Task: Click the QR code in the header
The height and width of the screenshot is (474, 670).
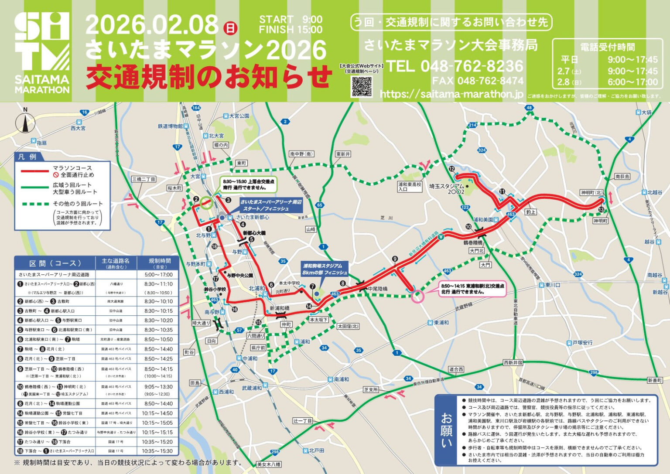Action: pos(362,86)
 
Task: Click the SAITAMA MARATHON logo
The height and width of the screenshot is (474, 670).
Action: pos(42,53)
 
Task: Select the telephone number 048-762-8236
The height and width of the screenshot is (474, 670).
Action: pos(455,66)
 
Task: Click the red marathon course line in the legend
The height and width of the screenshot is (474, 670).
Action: pos(34,171)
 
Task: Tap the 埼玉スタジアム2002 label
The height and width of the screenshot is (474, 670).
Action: pos(447,188)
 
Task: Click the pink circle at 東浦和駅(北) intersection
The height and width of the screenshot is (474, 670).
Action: pos(417,297)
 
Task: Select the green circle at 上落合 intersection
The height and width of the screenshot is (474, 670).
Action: pos(206,201)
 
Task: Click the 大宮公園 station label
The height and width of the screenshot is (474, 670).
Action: pos(239,116)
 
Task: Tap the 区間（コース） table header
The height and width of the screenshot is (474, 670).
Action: pos(55,263)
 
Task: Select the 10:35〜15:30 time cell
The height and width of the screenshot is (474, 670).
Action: pos(157,451)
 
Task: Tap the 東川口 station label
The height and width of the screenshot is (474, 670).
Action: pos(552,285)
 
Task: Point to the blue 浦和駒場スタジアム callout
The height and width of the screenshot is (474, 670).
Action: pos(325,269)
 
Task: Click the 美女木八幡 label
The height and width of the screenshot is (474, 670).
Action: pos(269,464)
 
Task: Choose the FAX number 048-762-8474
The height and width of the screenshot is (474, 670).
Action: pos(477,81)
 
